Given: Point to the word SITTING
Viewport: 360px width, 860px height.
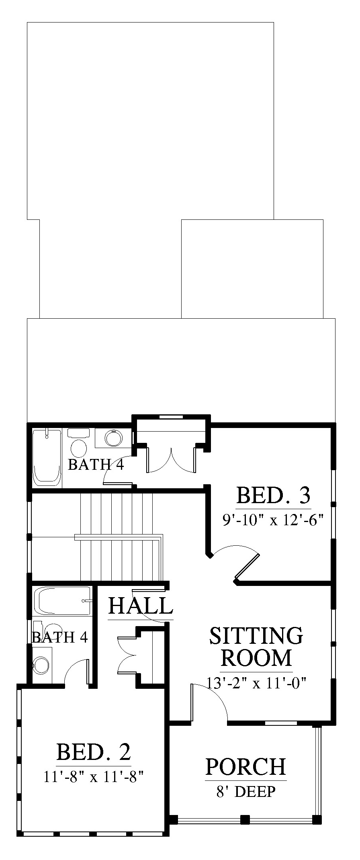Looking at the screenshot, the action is pos(256,636).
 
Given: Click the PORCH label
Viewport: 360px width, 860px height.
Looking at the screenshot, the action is pos(245,766).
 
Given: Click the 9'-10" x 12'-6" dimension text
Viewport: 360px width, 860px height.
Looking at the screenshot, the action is pos(273,520).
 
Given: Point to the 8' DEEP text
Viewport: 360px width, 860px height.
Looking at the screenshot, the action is pos(245,791).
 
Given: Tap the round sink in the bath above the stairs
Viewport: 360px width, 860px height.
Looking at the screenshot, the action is pos(113,438).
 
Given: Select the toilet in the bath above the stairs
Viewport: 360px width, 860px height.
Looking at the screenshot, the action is pos(78,442).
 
